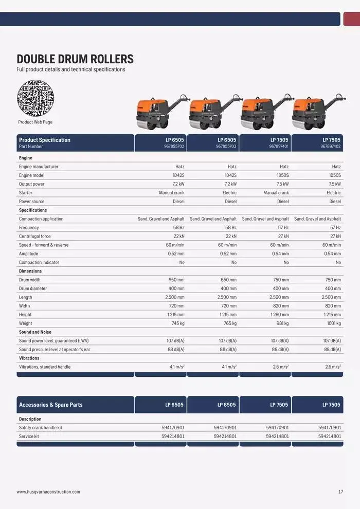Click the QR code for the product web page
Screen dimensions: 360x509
(35, 98)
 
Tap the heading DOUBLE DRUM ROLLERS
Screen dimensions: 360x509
(75, 59)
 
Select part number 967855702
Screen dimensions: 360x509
(174, 147)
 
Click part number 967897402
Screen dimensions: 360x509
(331, 147)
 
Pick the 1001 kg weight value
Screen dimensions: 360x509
(333, 323)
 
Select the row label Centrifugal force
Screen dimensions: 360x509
(35, 237)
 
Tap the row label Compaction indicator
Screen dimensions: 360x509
(39, 263)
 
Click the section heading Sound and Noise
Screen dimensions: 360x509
(35, 332)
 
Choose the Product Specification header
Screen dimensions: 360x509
(45, 140)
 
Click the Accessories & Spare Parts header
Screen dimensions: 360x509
(51, 405)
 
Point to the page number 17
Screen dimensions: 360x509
(340, 492)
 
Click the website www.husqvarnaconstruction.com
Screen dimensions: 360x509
(48, 492)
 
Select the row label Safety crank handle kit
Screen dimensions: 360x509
(41, 428)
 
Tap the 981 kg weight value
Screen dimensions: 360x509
(282, 323)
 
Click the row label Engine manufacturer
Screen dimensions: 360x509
(39, 167)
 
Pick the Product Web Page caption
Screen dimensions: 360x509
(35, 122)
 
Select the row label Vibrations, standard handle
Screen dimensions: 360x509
(45, 367)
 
